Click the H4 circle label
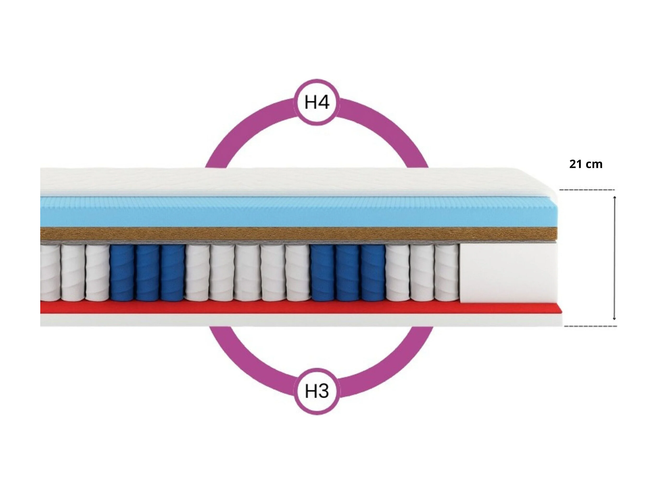tap(317, 102)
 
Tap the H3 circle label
tap(317, 391)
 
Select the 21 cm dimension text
tap(586, 164)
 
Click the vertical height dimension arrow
tap(615, 258)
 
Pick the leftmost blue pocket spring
tap(122, 272)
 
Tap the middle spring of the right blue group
tap(348, 272)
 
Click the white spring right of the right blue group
tap(398, 272)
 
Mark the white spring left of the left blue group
tap(97, 272)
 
